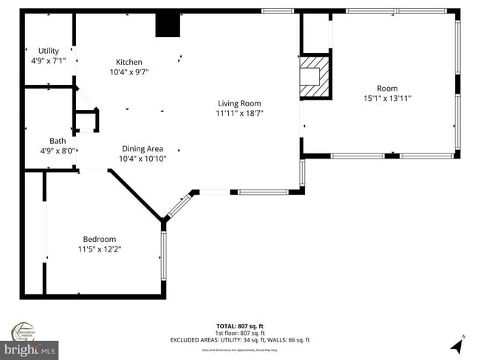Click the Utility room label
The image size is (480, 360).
(x=49, y=51)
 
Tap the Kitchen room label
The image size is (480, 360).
(x=129, y=62)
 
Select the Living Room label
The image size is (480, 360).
(x=239, y=103)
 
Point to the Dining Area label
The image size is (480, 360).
(x=143, y=148)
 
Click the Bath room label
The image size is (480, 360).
(x=58, y=141)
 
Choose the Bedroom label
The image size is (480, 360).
(x=100, y=239)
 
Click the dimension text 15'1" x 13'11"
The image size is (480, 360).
(x=387, y=98)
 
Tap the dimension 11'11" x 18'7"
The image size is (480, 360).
(x=239, y=114)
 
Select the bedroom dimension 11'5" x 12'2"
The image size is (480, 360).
(x=100, y=249)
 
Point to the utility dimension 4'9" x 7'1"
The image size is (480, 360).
(x=49, y=60)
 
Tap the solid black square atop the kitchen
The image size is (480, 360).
(x=168, y=25)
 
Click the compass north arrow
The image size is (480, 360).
(x=460, y=343)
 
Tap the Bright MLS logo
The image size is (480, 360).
(x=30, y=347)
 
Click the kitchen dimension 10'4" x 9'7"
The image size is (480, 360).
(x=129, y=72)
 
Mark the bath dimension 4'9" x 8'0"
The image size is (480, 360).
(x=58, y=151)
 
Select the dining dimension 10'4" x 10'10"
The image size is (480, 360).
(x=143, y=159)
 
